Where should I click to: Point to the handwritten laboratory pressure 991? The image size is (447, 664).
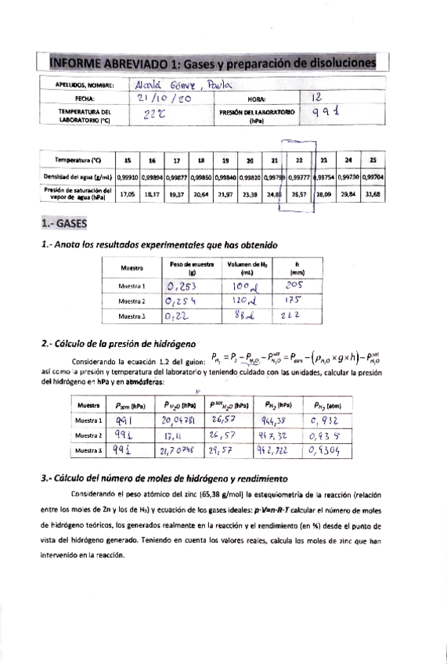(x=328, y=114)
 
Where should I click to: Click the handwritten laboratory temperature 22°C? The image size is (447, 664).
(x=157, y=115)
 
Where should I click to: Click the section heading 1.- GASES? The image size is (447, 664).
(x=66, y=224)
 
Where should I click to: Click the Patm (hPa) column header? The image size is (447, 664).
(x=130, y=406)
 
